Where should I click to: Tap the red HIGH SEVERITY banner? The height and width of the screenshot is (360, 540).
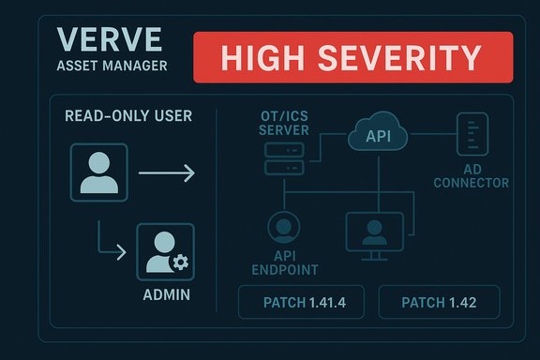click(x=352, y=58)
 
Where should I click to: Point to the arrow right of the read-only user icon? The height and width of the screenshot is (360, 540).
click(x=166, y=172)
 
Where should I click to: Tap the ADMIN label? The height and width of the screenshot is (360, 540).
click(x=165, y=294)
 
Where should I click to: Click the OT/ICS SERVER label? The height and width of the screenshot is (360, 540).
click(x=282, y=122)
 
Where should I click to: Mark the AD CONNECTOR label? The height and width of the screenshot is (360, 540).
click(x=472, y=176)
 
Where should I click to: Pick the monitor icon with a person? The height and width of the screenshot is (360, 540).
click(x=373, y=233)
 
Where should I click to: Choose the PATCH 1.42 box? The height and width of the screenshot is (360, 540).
click(x=439, y=302)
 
